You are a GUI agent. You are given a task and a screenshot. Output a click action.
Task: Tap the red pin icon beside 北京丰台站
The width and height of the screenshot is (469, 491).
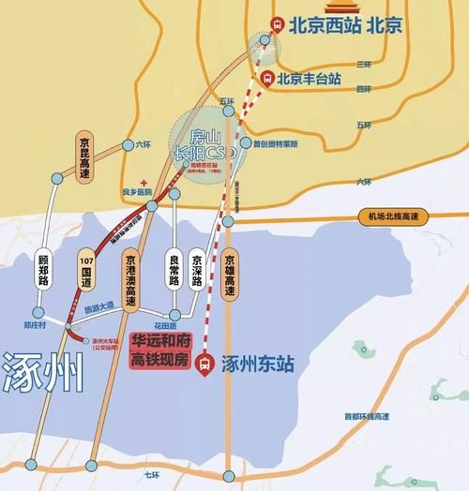point(270,79)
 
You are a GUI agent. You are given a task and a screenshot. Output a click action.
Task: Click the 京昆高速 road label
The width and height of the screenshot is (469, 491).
point(84,156)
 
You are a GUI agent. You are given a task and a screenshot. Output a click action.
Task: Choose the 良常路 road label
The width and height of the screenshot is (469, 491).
point(172,268)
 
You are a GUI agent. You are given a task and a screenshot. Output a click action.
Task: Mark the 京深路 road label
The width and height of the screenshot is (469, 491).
point(197,267)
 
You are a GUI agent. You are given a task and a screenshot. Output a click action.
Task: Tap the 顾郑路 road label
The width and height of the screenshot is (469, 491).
point(43,271)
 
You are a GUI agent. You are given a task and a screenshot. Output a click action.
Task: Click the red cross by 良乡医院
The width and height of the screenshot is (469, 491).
point(141,182)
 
